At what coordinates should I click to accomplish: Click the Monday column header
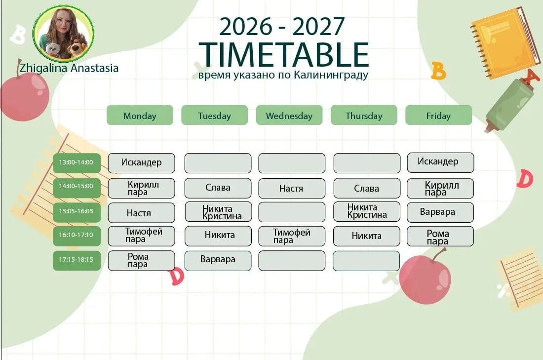point(140,115)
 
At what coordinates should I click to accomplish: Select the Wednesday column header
point(289,115)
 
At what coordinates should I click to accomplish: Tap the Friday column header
point(439,115)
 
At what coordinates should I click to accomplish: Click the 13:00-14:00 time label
point(77,162)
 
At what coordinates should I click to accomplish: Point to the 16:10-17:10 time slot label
point(77,235)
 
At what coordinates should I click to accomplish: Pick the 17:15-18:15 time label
point(77,260)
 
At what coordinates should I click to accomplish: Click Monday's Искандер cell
point(141,163)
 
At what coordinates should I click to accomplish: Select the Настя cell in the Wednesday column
point(292,189)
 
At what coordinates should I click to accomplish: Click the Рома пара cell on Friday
point(440,237)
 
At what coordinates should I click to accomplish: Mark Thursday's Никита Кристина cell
point(367,211)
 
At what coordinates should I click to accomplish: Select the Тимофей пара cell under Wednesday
point(292,237)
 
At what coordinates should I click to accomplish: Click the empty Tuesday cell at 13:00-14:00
point(218,163)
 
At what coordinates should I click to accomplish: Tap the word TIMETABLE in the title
point(284,54)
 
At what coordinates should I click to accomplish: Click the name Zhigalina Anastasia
point(69,68)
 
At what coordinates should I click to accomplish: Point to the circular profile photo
point(63,34)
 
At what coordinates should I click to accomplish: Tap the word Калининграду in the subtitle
point(331,75)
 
